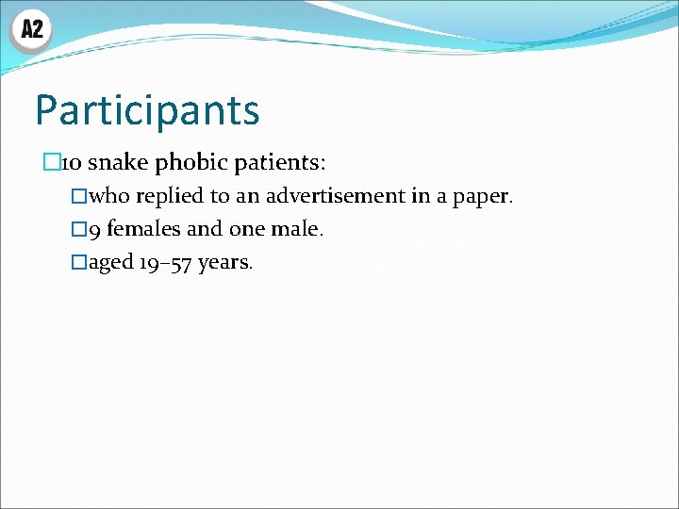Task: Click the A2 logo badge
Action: pyautogui.click(x=31, y=30)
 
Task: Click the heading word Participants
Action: pyautogui.click(x=146, y=109)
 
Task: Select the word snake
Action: pyautogui.click(x=119, y=163)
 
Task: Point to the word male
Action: pyautogui.click(x=299, y=229)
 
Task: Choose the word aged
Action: pyautogui.click(x=110, y=262)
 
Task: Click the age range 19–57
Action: pyautogui.click(x=166, y=262)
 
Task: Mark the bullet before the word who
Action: pyautogui.click(x=79, y=197)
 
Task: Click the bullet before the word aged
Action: pyautogui.click(x=79, y=262)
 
